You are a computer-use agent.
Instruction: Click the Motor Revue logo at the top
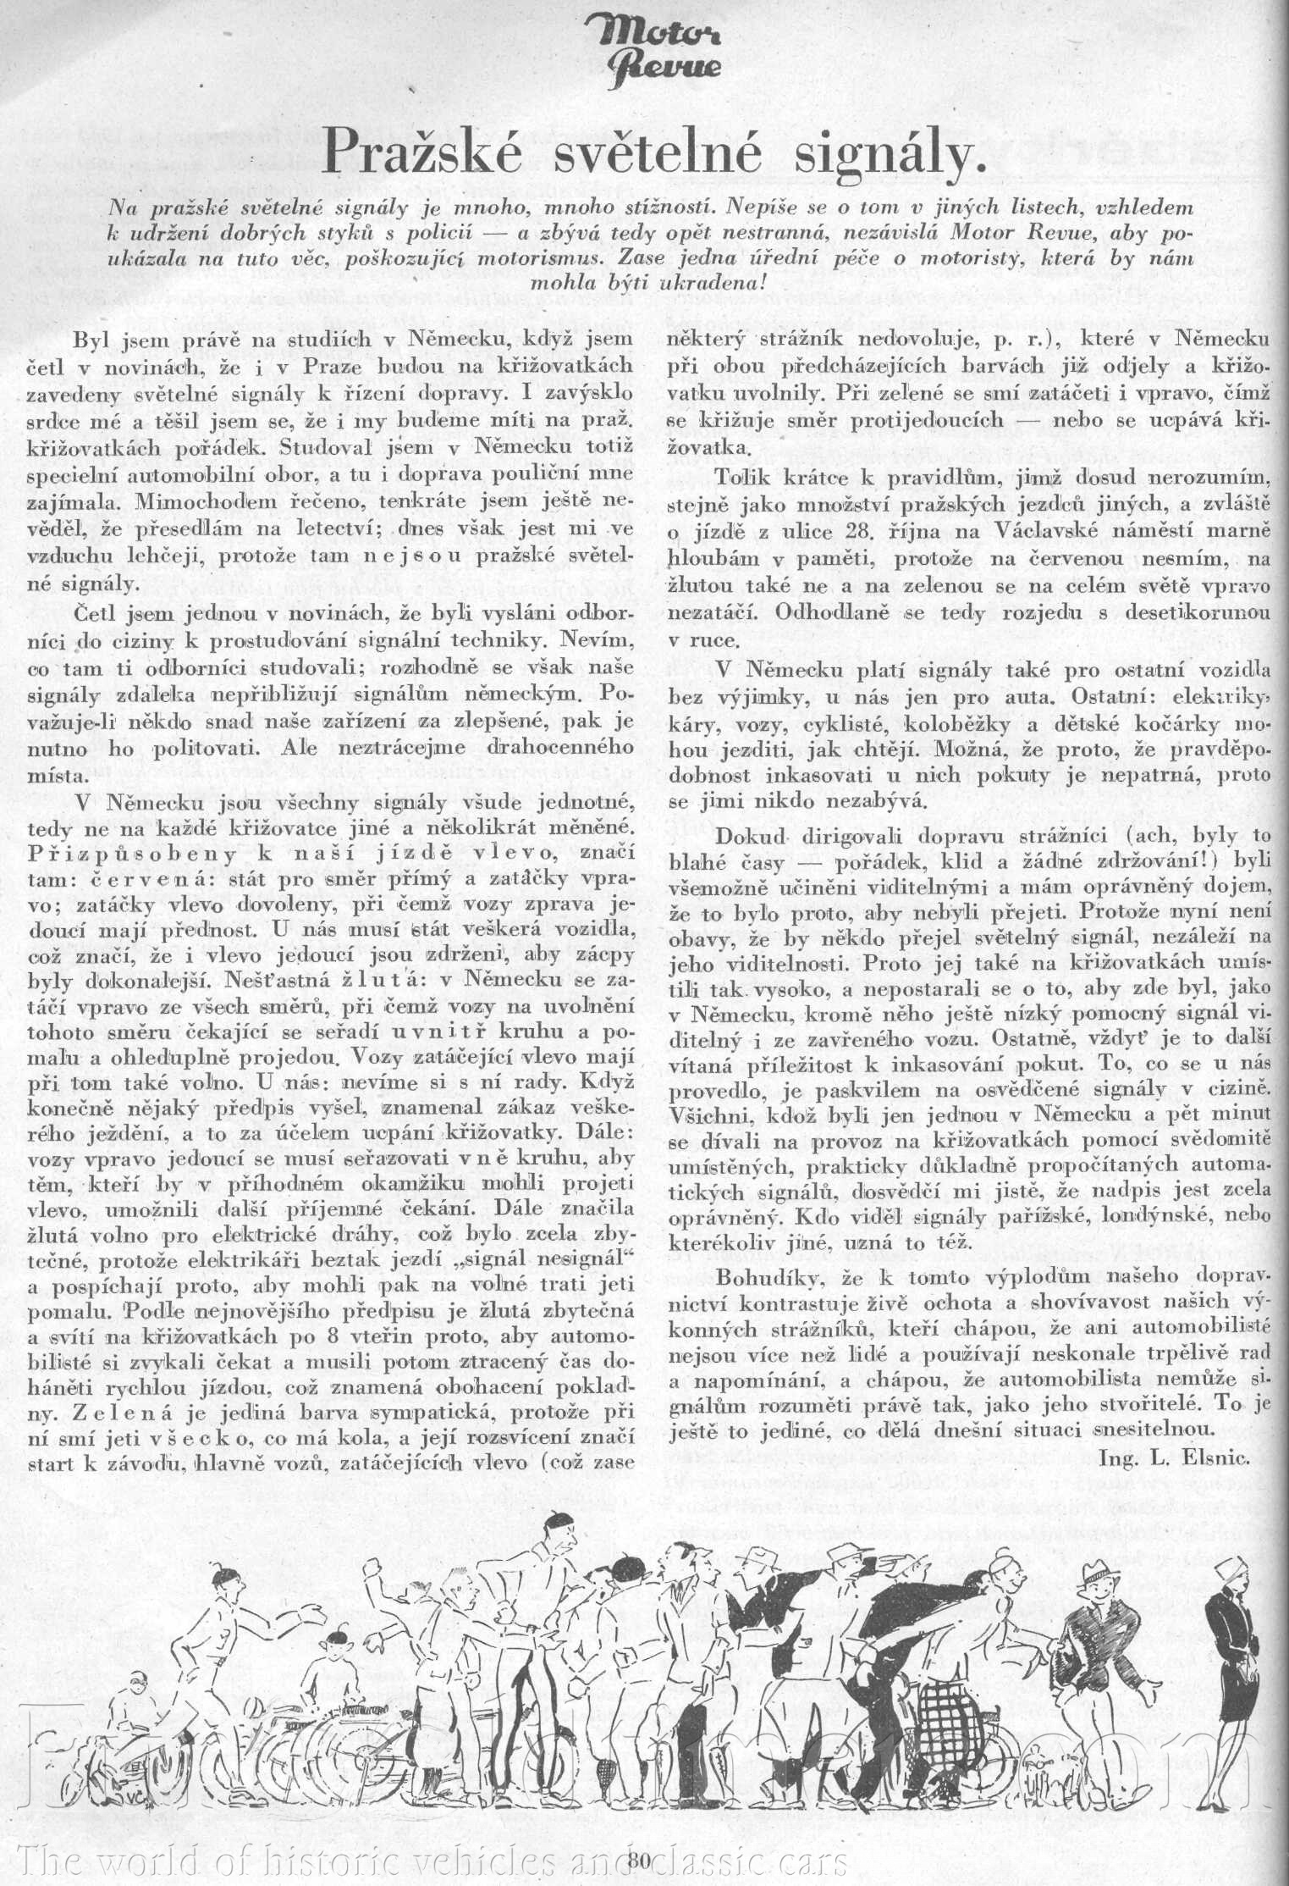point(670,51)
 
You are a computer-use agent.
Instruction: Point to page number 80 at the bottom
point(639,1858)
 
